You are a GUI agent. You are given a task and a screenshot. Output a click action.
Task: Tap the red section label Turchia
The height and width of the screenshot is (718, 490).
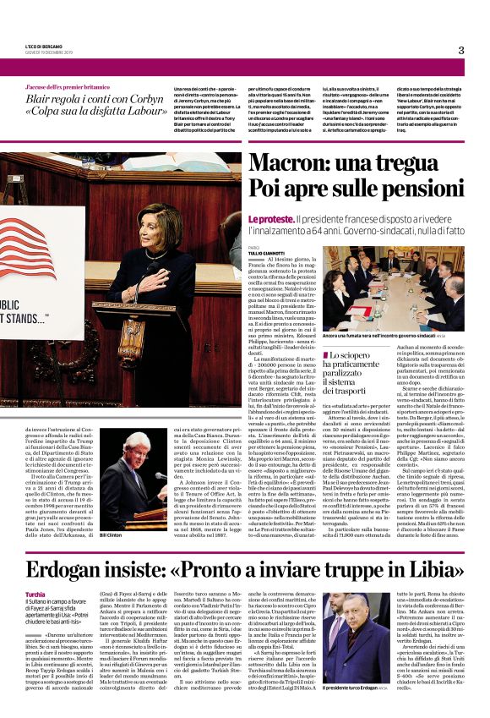(x=35, y=571)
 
